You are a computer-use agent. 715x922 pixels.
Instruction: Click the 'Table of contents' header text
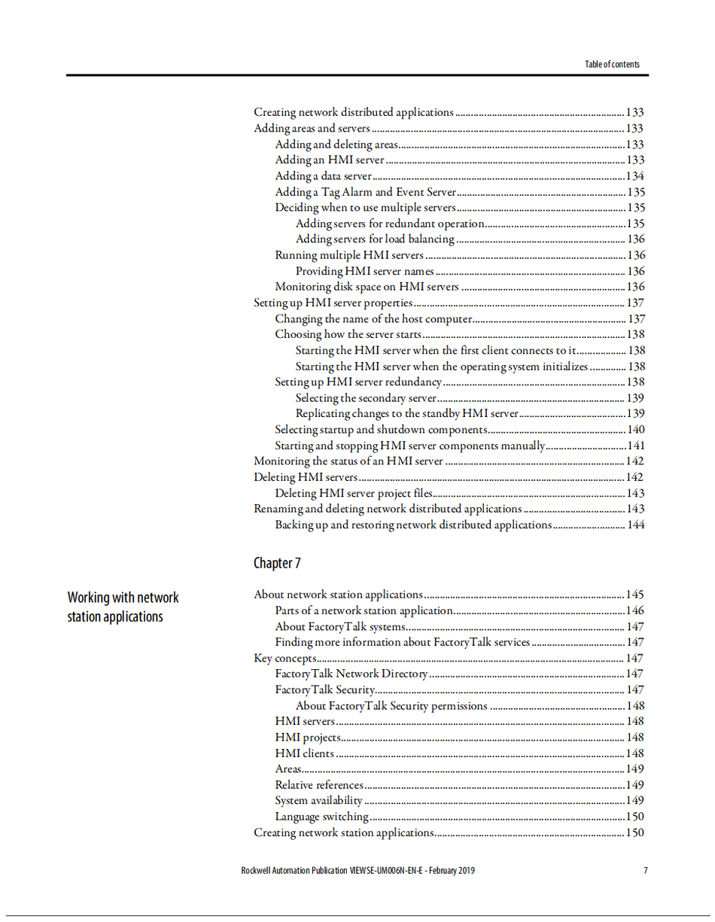(612, 64)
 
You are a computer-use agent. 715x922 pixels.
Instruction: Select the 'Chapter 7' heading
(278, 563)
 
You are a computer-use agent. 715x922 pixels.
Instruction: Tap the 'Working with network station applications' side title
(123, 607)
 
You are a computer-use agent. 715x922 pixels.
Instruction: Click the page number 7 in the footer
(645, 871)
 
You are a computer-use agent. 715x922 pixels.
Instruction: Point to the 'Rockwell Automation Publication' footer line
(357, 871)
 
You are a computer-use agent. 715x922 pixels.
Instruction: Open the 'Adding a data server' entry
(323, 176)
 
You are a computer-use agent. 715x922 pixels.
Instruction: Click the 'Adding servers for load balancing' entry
(375, 239)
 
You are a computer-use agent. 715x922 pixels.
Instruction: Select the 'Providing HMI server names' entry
(364, 271)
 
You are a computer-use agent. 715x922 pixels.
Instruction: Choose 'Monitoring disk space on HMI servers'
(367, 287)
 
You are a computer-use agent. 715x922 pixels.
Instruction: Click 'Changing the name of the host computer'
(373, 318)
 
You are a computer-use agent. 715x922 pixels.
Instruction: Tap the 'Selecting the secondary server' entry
(366, 398)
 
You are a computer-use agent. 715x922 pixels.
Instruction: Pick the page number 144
(635, 525)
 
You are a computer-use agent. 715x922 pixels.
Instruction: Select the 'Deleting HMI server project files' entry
(354, 494)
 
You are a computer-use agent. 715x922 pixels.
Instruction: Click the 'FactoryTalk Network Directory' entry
(351, 674)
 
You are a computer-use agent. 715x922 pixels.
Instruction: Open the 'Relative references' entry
(319, 785)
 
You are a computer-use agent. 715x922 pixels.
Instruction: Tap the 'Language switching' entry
(321, 817)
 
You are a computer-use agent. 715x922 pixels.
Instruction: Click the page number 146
(635, 610)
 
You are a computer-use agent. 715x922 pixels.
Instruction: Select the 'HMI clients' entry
(304, 753)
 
